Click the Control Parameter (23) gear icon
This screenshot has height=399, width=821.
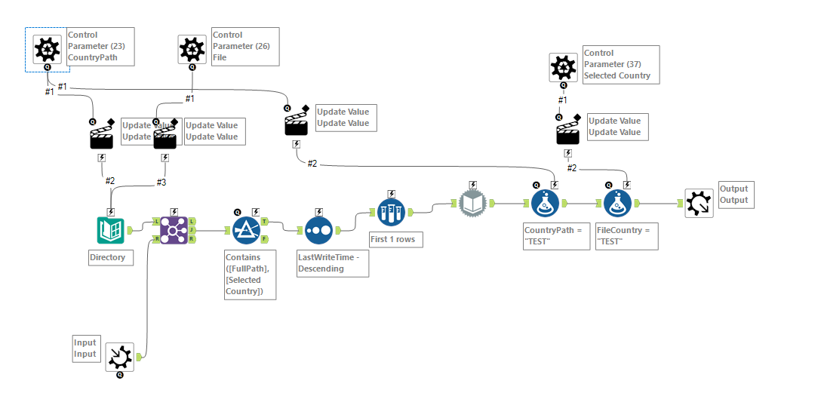(47, 50)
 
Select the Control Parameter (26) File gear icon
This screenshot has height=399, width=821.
(192, 50)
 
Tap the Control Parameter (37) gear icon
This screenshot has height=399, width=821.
(562, 68)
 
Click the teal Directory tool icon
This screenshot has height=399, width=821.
(111, 230)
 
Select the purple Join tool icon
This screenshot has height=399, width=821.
(174, 230)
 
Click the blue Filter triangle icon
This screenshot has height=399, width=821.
(245, 230)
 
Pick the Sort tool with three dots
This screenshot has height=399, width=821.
(318, 230)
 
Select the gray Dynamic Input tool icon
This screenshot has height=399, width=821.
(472, 203)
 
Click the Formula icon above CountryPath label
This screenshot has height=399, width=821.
(545, 203)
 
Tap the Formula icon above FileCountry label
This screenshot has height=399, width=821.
(618, 203)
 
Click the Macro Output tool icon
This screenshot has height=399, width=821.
(698, 203)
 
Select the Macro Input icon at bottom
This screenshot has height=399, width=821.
(119, 357)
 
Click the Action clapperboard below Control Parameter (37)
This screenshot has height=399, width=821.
(568, 133)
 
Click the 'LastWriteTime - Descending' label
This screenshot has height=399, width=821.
(332, 263)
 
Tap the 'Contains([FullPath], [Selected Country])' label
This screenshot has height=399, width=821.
(250, 275)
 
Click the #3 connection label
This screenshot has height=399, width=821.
(161, 181)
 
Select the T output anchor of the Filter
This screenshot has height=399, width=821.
(264, 221)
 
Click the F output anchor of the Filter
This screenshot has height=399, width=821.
(264, 239)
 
